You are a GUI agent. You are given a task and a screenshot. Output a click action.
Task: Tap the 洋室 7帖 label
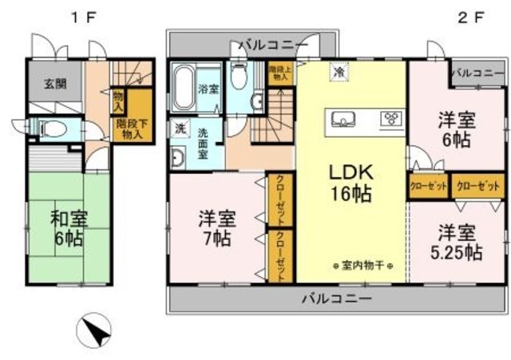tap(217, 227)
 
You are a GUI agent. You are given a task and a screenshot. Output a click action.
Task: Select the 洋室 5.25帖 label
tap(458, 243)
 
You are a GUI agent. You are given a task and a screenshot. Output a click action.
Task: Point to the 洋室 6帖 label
tap(458, 129)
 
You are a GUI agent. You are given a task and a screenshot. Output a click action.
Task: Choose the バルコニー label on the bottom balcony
tap(335, 299)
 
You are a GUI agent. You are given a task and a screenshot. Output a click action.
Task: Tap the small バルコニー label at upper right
tap(476, 73)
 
